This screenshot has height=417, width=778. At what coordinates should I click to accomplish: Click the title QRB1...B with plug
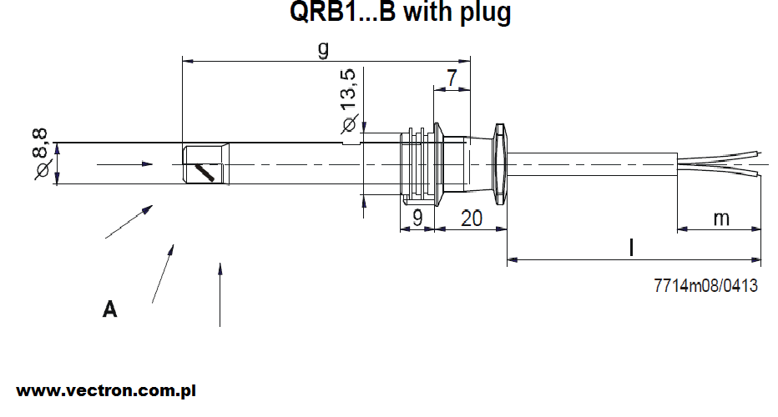coord(400,12)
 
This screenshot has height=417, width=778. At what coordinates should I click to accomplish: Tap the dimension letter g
coord(323,48)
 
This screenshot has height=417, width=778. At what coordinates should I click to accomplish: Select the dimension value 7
coord(452,78)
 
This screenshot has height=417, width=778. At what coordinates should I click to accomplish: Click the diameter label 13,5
coord(349,90)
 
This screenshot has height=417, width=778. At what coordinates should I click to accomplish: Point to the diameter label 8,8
coord(40,143)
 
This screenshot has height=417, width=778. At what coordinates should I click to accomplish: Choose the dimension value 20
coord(472,219)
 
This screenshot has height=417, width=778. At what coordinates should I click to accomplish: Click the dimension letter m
coord(721,219)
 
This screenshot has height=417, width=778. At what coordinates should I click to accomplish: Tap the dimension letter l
coord(631,247)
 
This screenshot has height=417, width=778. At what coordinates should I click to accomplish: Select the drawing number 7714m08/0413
coord(705,285)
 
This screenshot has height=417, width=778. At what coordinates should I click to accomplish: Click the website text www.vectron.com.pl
coord(106,390)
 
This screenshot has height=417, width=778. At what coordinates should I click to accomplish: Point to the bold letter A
coord(109,309)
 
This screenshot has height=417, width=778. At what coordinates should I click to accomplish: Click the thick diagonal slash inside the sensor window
coord(205,173)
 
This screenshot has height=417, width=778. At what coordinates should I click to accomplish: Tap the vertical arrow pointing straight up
coord(220,294)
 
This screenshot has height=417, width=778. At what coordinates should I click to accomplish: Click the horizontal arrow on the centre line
coord(124,164)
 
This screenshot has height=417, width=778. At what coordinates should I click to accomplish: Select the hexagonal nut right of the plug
coord(500,164)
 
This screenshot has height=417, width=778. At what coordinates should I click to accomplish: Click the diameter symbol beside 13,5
coord(349,124)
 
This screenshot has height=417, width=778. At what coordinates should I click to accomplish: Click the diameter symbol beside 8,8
coord(43,169)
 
